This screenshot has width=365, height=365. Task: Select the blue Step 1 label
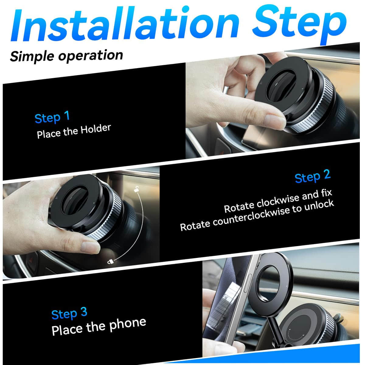pos(52,117)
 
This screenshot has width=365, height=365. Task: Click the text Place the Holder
pos(74,131)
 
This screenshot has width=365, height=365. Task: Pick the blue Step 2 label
pos(312,176)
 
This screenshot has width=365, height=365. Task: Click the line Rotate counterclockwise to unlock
pos(257,215)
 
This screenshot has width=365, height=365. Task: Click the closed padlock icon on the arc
pos(110,261)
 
